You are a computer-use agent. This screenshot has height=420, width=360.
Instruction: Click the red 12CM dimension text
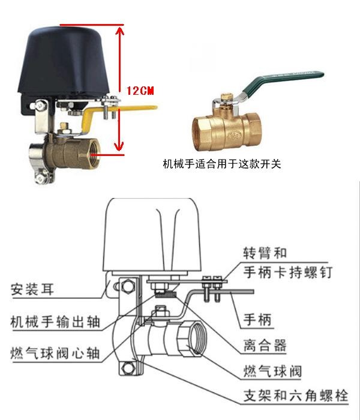(x=140, y=91)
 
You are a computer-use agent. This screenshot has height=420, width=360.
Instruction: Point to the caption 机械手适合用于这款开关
(x=222, y=164)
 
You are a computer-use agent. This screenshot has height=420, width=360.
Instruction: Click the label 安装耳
(x=32, y=289)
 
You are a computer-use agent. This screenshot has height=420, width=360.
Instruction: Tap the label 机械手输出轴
(x=55, y=322)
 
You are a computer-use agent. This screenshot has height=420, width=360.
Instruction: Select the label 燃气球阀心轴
(x=55, y=353)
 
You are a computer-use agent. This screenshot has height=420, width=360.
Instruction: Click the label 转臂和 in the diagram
(x=265, y=253)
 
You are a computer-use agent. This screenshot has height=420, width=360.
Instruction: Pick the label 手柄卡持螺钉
(x=288, y=272)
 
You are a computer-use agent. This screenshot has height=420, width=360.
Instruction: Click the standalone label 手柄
(x=257, y=320)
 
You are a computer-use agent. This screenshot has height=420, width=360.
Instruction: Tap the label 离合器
(x=265, y=345)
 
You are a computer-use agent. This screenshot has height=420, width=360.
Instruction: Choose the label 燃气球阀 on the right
(x=272, y=371)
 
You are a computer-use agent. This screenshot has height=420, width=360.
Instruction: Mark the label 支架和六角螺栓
(x=296, y=395)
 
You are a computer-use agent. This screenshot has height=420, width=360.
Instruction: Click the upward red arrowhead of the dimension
(x=119, y=31)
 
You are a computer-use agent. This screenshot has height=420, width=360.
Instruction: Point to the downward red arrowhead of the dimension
(x=119, y=146)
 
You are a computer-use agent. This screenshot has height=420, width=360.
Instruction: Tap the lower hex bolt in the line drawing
(x=128, y=368)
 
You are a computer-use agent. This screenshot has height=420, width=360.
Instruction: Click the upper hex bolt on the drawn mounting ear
(x=127, y=286)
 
